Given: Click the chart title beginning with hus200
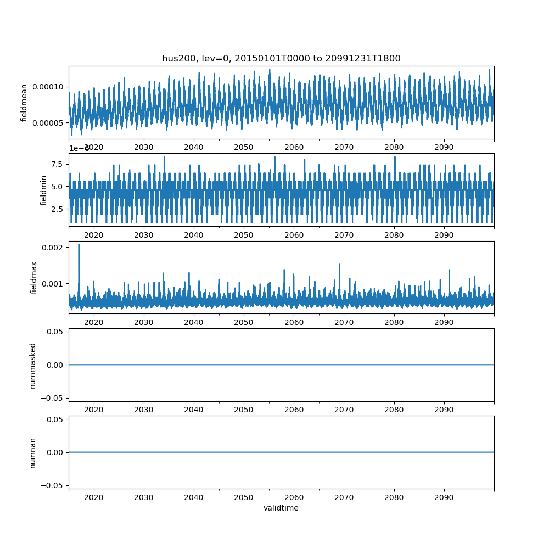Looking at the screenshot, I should [281, 58].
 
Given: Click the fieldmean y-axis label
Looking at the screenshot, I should [24, 103].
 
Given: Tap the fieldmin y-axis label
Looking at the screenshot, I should [44, 190].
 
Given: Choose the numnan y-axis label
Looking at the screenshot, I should [32, 452].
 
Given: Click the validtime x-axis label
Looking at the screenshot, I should [281, 508].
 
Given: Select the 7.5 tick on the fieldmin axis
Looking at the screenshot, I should [58, 164].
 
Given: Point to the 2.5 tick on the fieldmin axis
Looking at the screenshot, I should [58, 209].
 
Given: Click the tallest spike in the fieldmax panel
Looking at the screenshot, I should [79, 245].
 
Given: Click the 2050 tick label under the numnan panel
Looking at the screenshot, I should [244, 497].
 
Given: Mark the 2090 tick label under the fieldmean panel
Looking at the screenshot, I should [444, 147].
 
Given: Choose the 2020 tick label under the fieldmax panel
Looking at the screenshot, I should [94, 322].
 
